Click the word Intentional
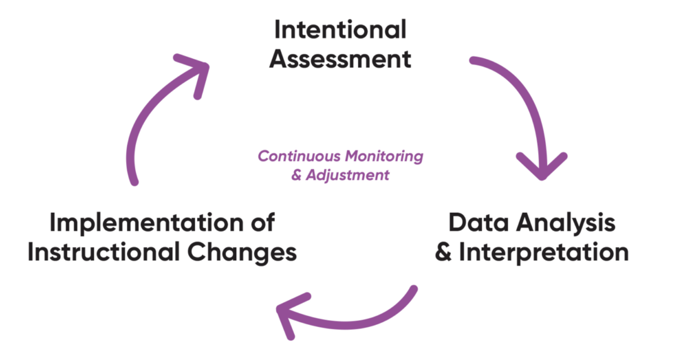(x=340, y=30)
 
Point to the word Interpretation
(x=543, y=253)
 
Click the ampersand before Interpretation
(x=443, y=253)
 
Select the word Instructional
(x=95, y=253)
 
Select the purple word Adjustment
(x=348, y=175)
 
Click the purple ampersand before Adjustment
(x=296, y=175)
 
